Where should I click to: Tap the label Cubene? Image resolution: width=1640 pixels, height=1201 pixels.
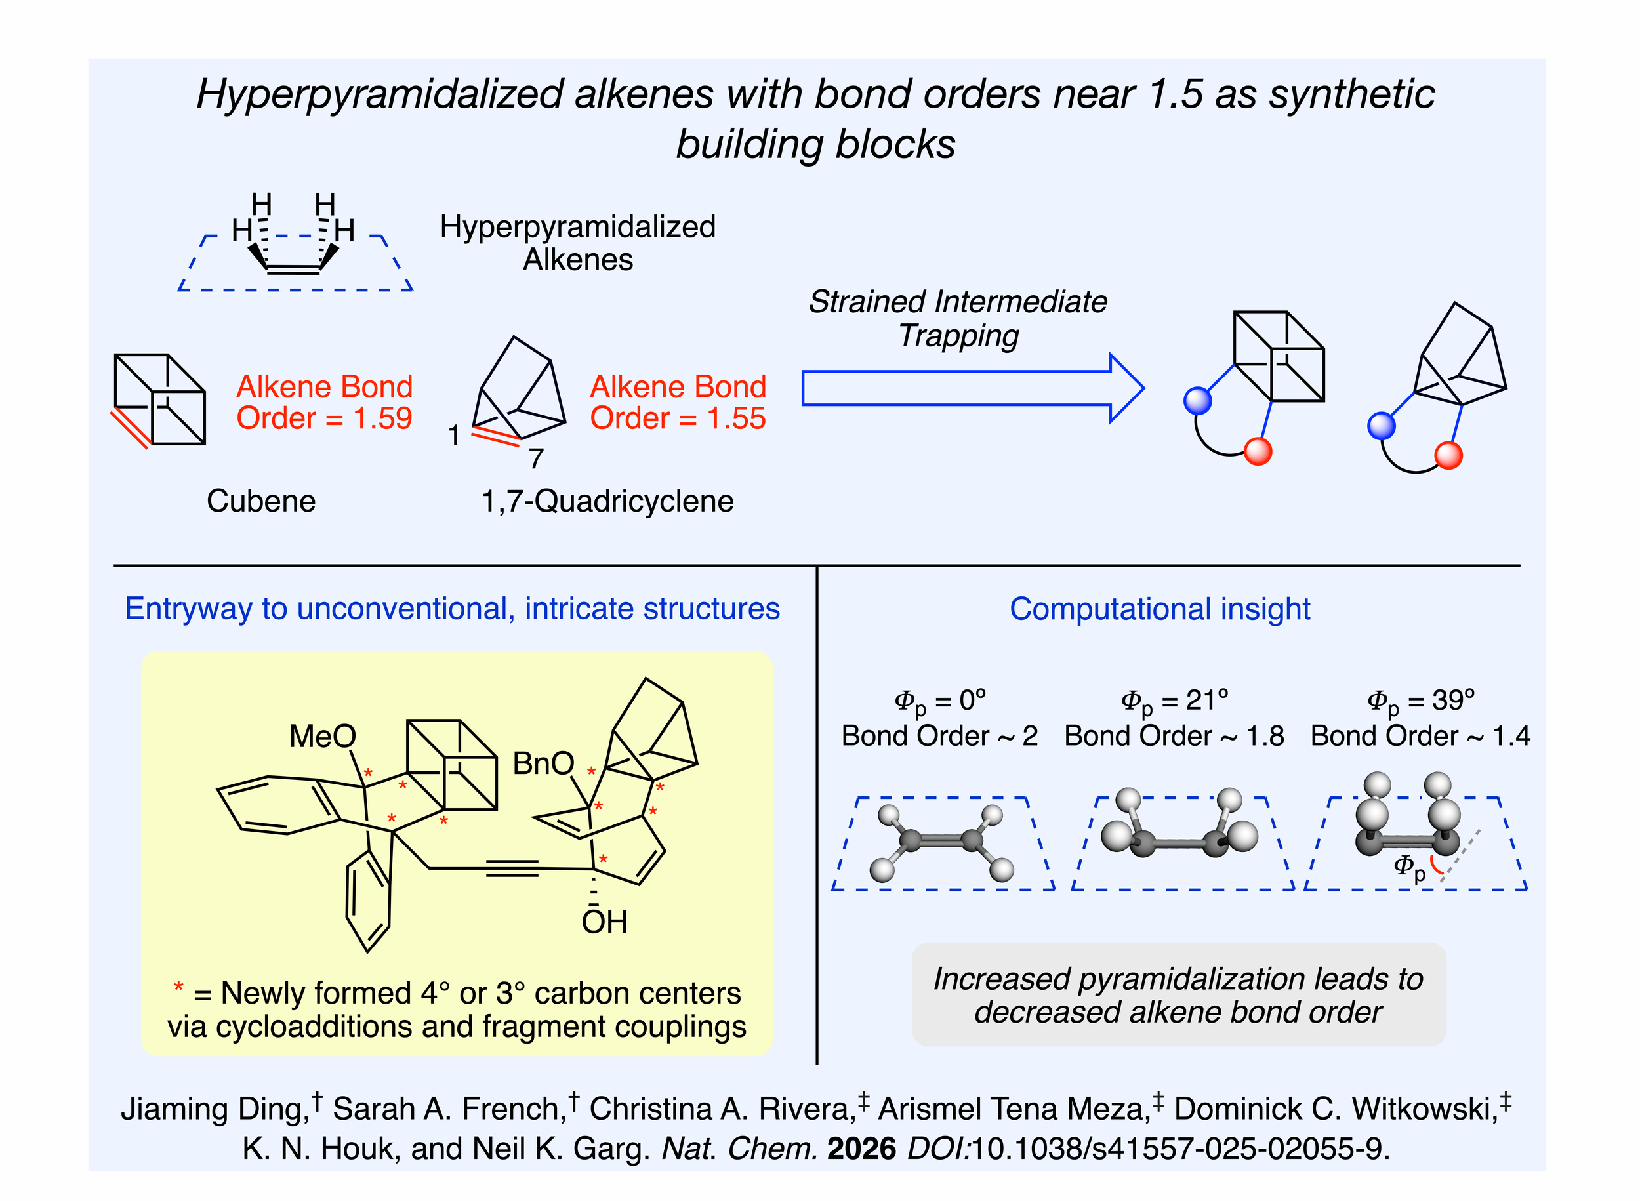tap(261, 502)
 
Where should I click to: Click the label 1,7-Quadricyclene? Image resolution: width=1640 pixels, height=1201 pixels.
tap(607, 502)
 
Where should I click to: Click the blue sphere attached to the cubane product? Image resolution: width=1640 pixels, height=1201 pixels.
tap(1198, 401)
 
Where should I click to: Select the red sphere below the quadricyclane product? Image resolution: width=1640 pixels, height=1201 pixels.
tap(1448, 456)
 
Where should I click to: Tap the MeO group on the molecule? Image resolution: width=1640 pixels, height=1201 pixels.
tap(322, 737)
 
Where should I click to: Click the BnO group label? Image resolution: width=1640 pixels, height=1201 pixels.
tap(543, 764)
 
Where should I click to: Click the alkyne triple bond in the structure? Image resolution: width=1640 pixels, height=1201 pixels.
tap(512, 868)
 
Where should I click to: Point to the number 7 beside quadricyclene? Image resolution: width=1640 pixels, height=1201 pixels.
tap(536, 458)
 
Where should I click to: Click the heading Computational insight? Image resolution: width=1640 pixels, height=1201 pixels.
tap(1160, 609)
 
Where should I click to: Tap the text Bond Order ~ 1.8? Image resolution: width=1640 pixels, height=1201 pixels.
tap(1174, 737)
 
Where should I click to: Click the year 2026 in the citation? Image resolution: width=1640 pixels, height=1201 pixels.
tap(861, 1149)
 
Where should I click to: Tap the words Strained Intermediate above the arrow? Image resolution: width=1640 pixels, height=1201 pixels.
tap(958, 302)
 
